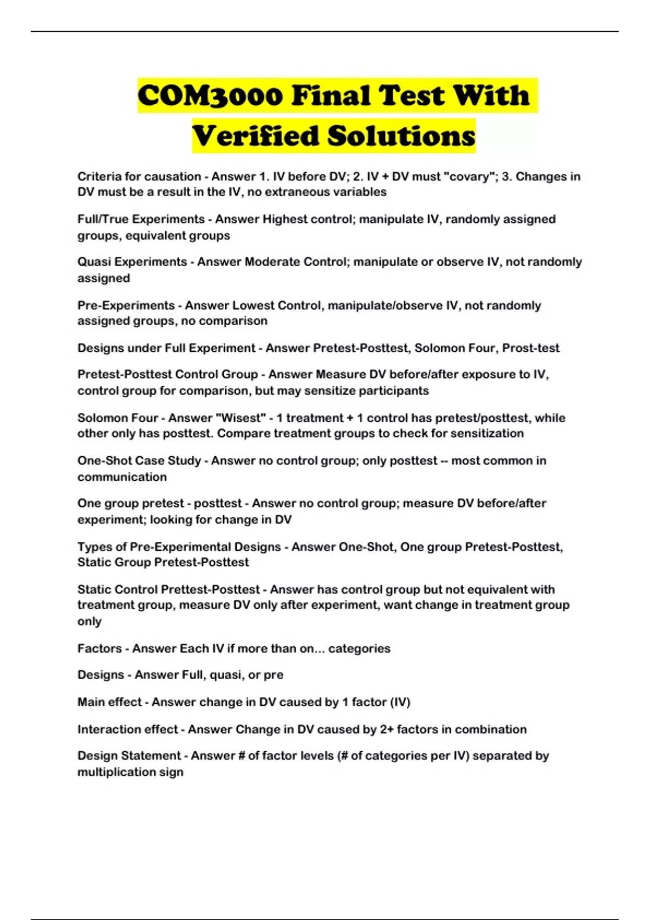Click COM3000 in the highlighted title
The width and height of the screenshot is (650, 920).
(x=210, y=95)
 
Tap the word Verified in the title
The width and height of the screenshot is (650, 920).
(x=256, y=136)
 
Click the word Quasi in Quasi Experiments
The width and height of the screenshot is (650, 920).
(x=94, y=262)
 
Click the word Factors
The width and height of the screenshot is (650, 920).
(x=100, y=648)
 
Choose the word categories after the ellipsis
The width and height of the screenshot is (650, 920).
(x=359, y=648)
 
